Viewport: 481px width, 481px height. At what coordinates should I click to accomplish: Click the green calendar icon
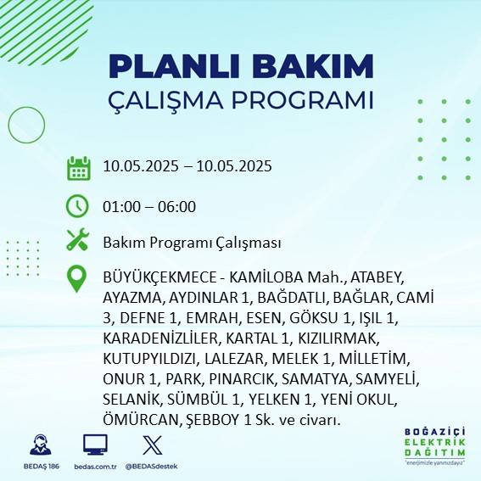pos(78,167)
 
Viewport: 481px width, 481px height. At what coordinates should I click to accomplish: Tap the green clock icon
pos(78,205)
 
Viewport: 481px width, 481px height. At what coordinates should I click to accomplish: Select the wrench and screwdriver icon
pos(78,241)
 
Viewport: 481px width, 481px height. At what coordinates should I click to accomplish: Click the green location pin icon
pos(78,278)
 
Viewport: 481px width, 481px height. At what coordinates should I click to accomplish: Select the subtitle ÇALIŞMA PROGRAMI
pos(241,99)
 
